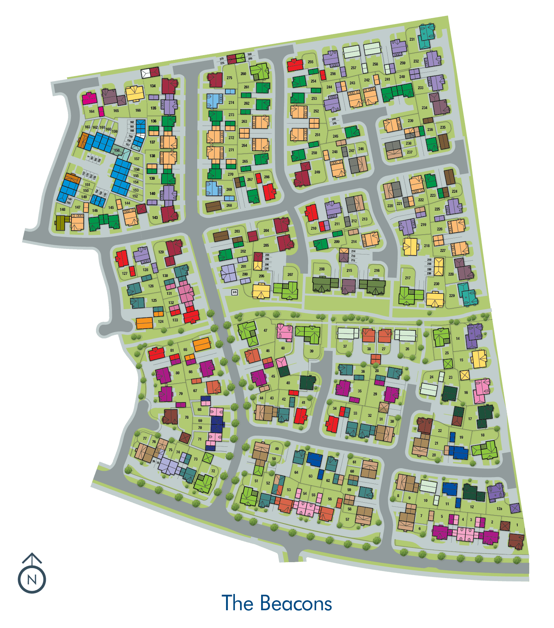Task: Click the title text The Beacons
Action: tap(277, 603)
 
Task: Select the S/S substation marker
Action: tap(234, 292)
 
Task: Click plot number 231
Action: tap(412, 39)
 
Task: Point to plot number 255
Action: tap(311, 62)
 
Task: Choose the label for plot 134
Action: tap(153, 86)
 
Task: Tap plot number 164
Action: tap(92, 111)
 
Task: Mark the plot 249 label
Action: tap(317, 172)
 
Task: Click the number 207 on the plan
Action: tap(290, 274)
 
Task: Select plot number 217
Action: tap(408, 278)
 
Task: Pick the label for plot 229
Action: tap(452, 296)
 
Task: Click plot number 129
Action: tap(161, 252)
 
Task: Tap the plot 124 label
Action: tap(161, 321)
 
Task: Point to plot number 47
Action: tap(266, 331)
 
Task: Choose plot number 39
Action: tap(311, 351)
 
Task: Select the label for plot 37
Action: tap(345, 347)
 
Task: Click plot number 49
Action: tap(277, 449)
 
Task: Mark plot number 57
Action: tap(347, 519)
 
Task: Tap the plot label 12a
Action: tap(499, 509)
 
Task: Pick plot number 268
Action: tap(229, 205)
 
